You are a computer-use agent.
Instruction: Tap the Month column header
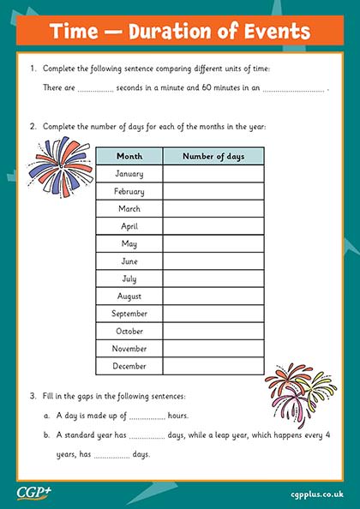(129, 156)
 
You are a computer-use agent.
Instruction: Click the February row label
(129, 191)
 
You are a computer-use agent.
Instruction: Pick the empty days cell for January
(213, 174)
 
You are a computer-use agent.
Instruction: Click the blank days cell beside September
(213, 314)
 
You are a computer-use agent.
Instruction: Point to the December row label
(129, 366)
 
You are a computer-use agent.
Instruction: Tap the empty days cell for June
(213, 261)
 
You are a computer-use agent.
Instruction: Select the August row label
(129, 296)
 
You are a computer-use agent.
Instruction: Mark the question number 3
(33, 396)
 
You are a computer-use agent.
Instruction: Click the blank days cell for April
(213, 226)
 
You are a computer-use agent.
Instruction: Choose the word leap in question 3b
(233, 435)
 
